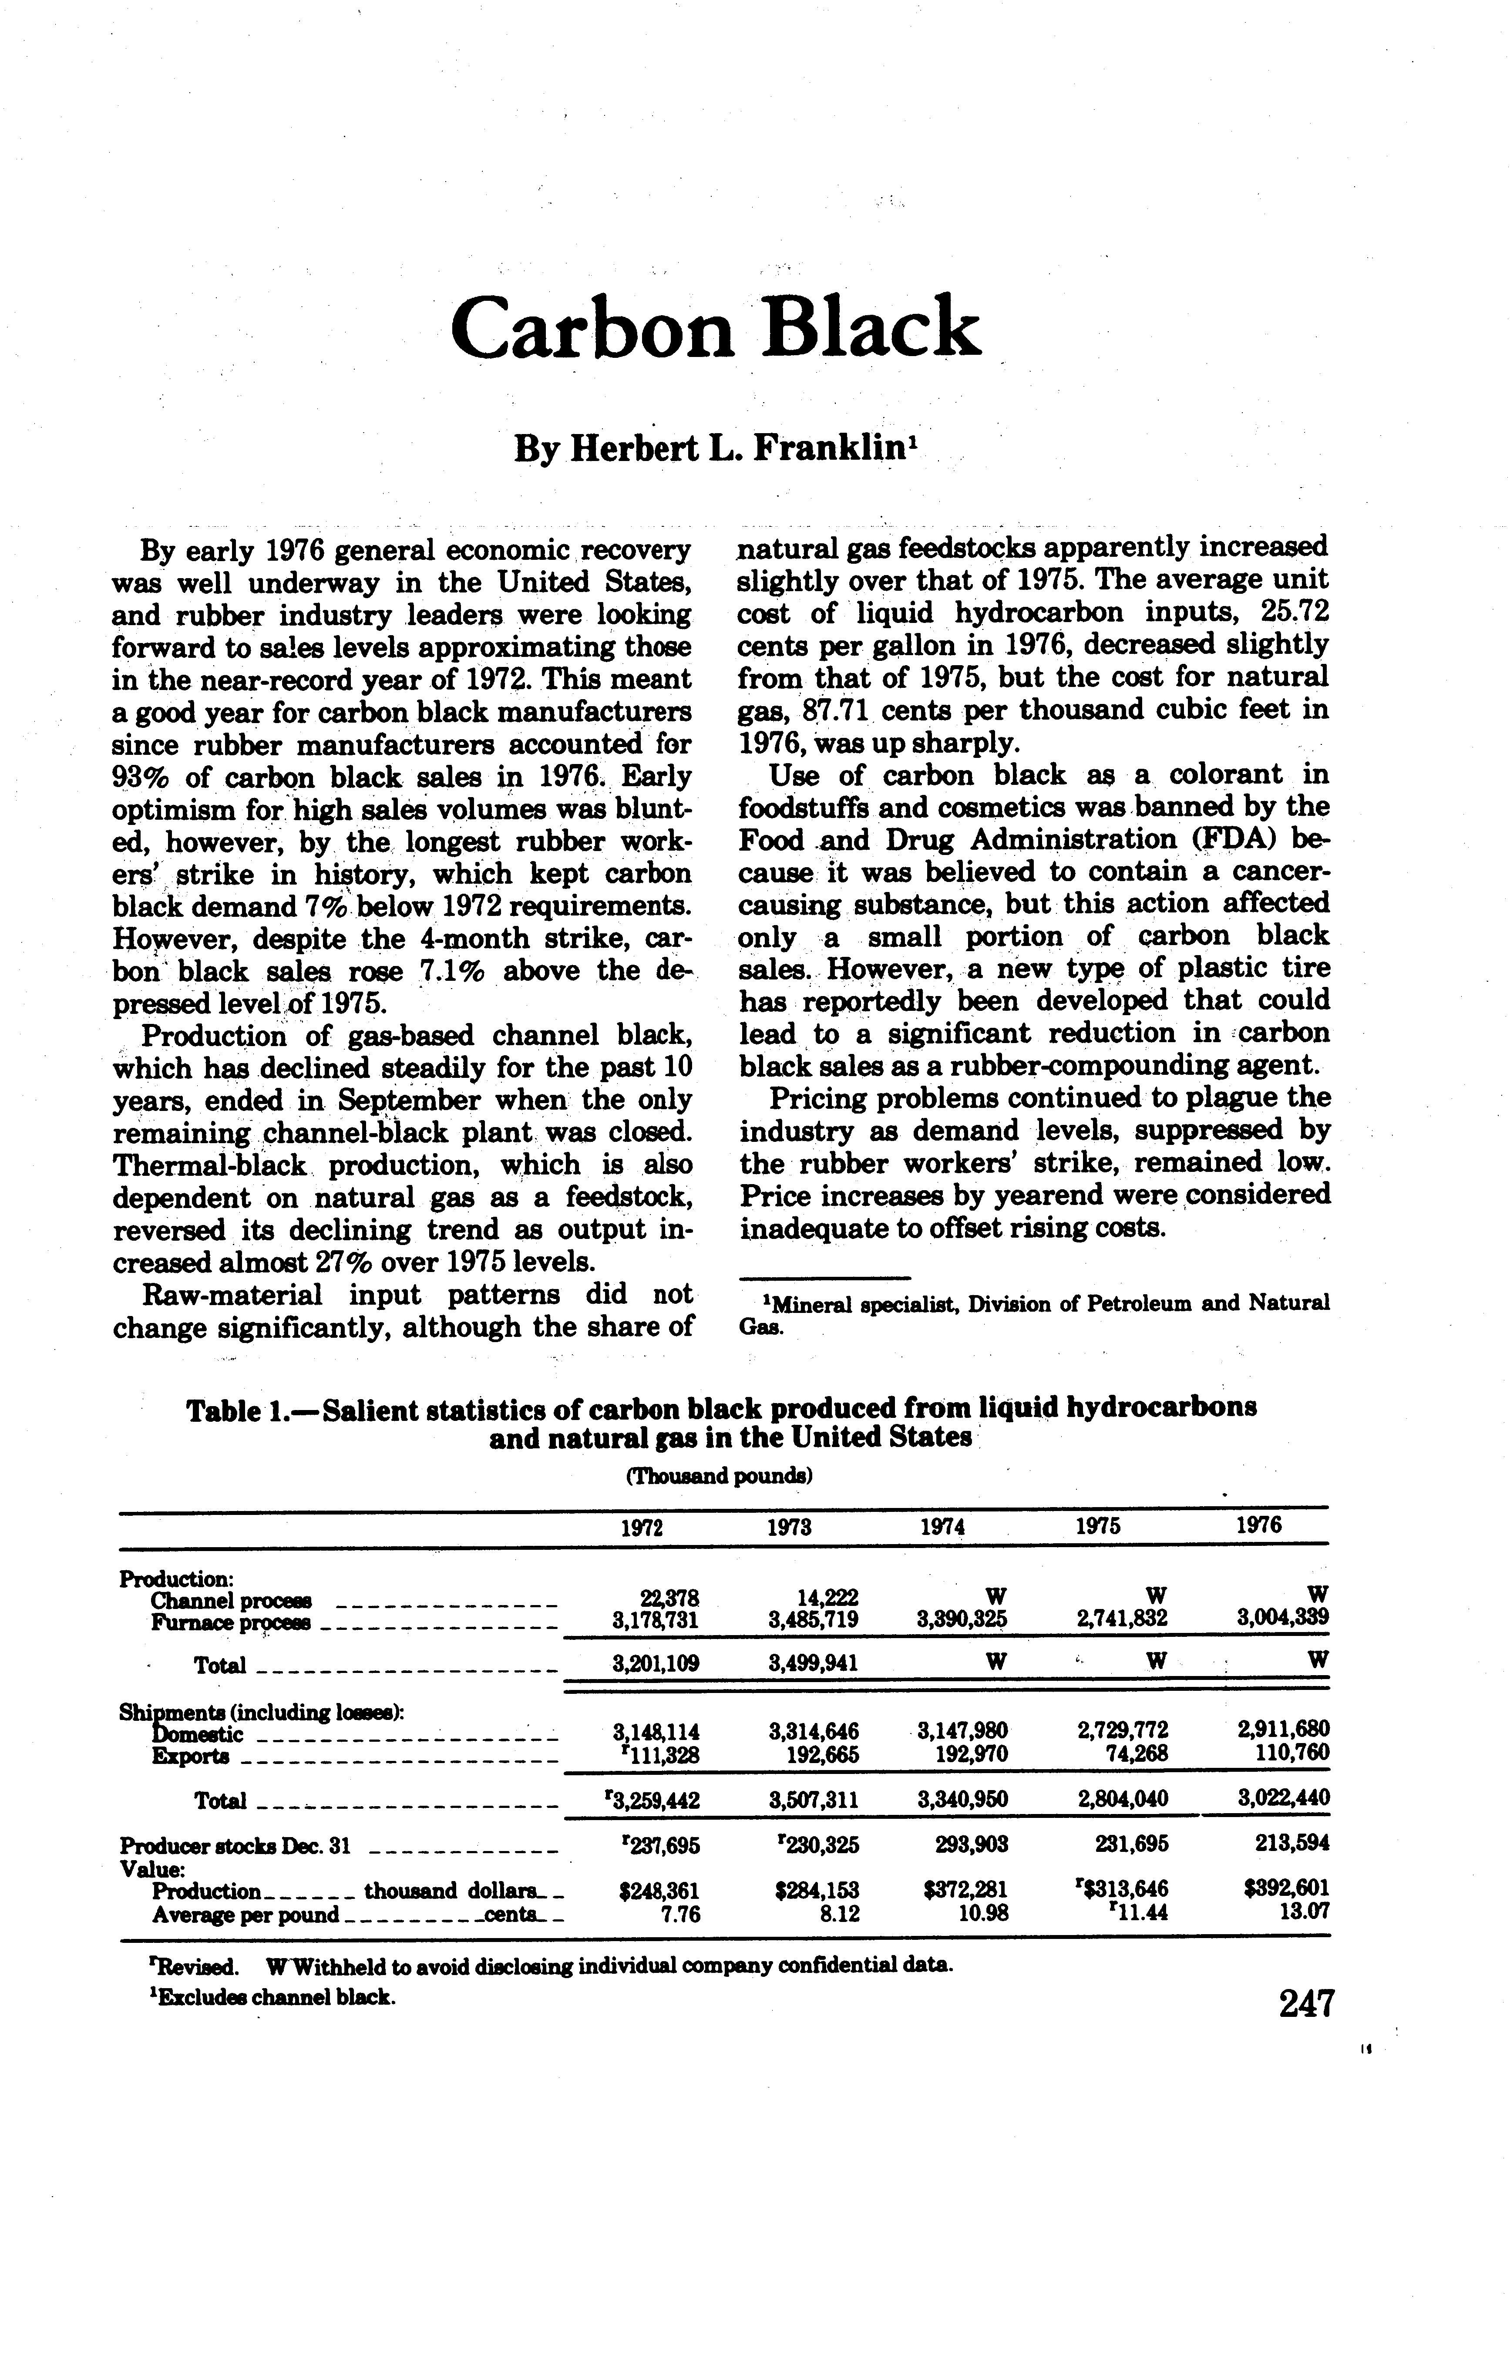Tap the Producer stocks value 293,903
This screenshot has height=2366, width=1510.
click(x=972, y=1845)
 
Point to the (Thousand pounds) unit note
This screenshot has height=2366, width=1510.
click(x=718, y=1476)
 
